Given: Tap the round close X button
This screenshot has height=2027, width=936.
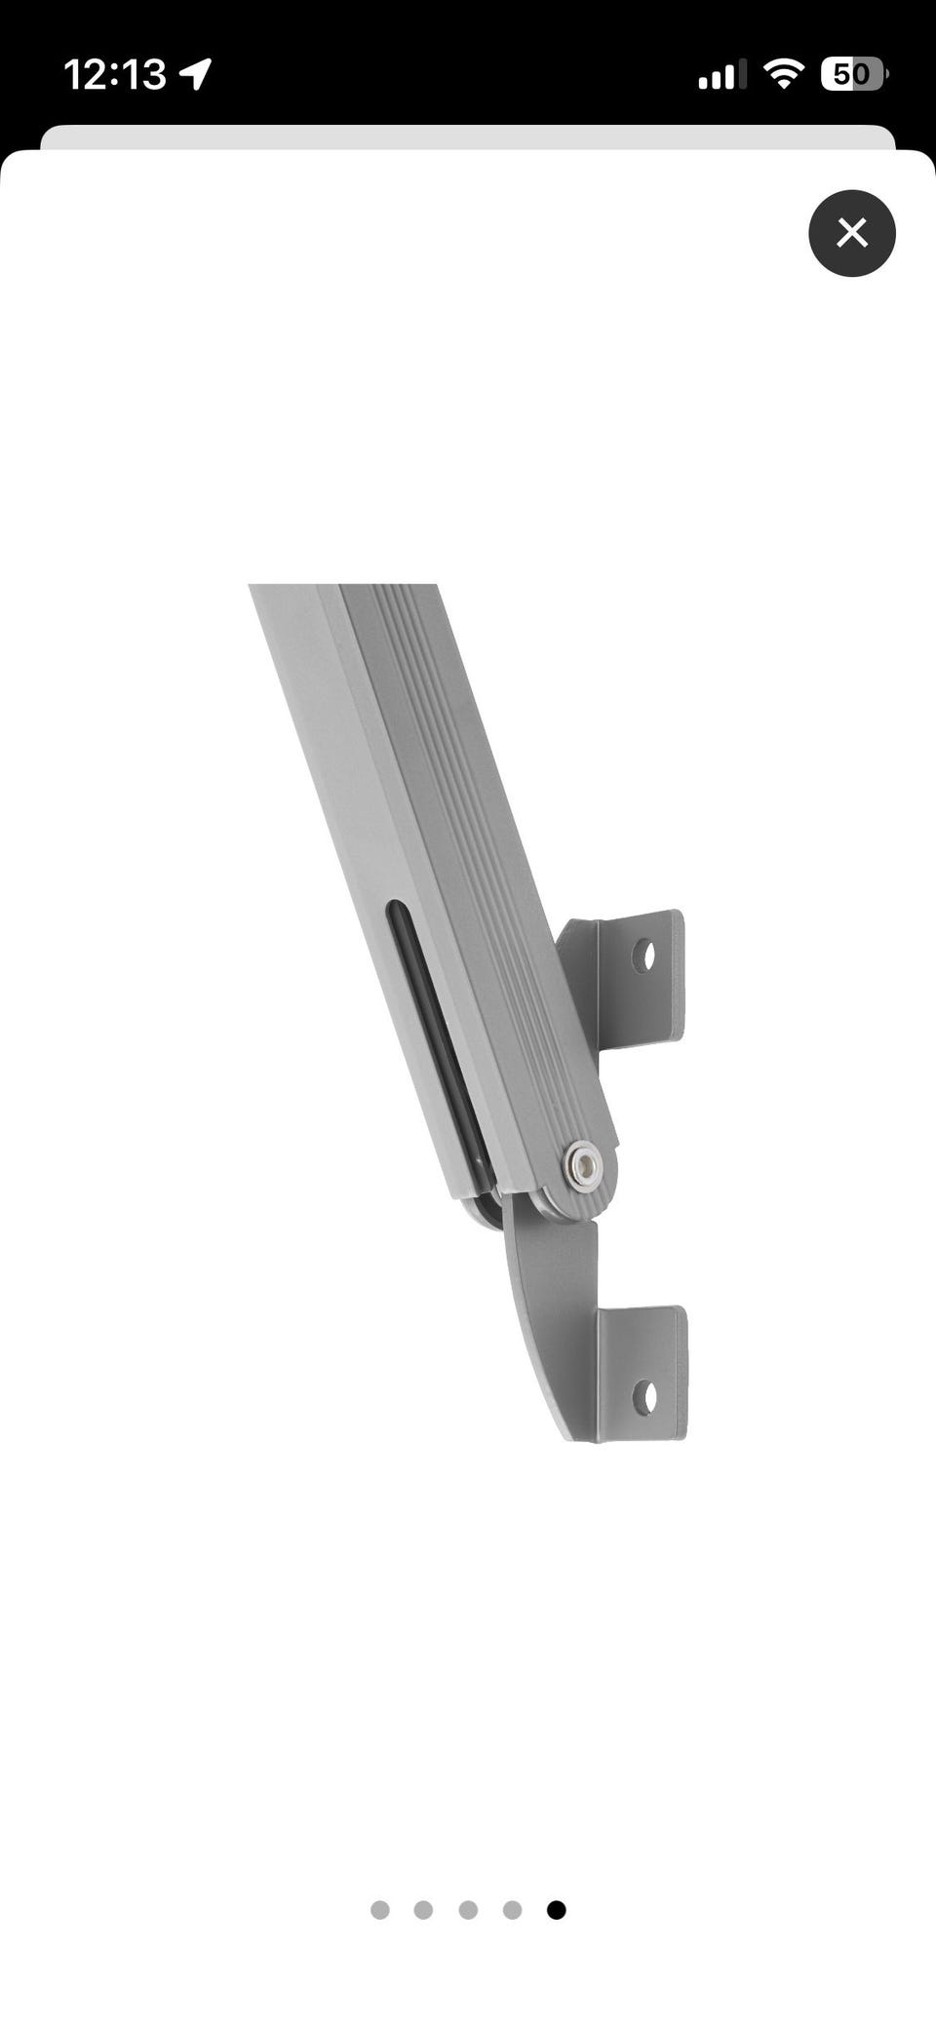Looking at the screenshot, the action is tap(851, 233).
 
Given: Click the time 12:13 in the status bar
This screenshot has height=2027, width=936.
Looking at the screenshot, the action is tap(115, 74).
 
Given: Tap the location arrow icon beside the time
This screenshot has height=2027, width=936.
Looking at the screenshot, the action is tap(196, 74).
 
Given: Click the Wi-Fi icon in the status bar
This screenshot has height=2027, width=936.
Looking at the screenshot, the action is tap(783, 73).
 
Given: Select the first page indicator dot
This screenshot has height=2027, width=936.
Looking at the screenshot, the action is tap(380, 1909).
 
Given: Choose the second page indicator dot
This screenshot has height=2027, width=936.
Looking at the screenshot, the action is tap(423, 1909).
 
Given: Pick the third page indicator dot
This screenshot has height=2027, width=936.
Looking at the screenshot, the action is tap(468, 1909).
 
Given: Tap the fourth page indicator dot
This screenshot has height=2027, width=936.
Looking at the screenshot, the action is tap(512, 1909).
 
